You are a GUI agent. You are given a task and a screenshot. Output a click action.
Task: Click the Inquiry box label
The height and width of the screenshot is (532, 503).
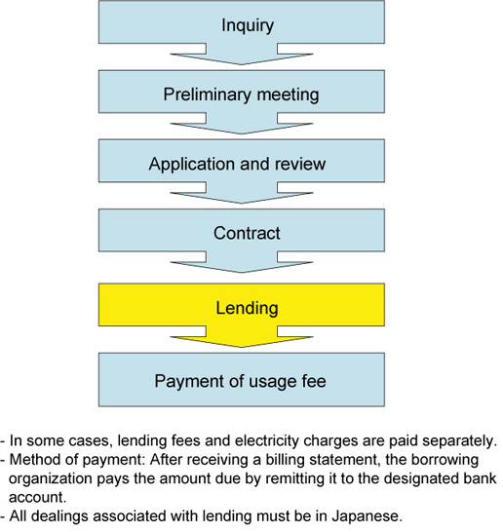(248, 26)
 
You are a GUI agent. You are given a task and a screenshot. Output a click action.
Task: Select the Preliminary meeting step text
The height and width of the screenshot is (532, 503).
(242, 95)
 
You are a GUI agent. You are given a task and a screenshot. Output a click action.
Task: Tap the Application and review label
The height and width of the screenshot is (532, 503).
(237, 165)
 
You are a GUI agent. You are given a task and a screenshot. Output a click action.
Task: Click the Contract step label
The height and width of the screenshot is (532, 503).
(247, 234)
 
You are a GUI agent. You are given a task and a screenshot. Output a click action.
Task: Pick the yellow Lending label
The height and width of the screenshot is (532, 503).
(247, 309)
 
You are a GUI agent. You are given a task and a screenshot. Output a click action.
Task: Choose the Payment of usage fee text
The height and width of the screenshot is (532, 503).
(241, 381)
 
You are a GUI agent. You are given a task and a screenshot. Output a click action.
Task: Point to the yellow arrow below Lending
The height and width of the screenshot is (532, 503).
(242, 337)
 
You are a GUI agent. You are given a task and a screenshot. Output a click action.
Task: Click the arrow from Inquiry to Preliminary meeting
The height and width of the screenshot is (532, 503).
(242, 55)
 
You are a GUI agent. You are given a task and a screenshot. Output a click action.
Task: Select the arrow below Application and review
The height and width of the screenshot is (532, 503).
(242, 193)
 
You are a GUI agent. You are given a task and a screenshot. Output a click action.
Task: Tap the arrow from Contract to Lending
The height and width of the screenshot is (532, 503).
(242, 262)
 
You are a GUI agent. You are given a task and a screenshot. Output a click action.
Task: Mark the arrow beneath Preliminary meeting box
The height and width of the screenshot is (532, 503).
(242, 124)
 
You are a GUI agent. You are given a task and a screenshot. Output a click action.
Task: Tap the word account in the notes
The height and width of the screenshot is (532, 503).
(36, 498)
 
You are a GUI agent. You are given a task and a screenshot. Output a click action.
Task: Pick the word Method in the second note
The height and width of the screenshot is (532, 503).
(31, 460)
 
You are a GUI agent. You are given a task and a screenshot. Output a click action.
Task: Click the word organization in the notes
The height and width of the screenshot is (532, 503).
(51, 479)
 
